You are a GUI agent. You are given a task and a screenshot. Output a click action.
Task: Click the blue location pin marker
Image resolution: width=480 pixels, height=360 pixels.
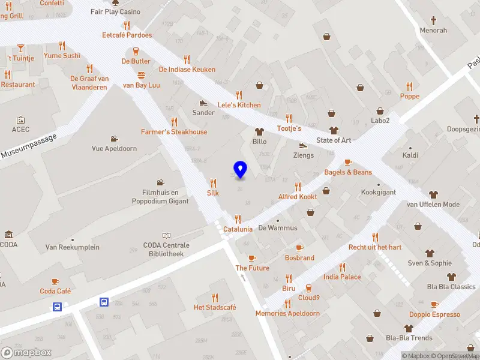(240, 170)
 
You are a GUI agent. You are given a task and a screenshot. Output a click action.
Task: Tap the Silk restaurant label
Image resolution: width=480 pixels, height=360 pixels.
(213, 193)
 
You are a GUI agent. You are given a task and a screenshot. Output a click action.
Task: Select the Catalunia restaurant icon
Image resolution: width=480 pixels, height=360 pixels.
(238, 219)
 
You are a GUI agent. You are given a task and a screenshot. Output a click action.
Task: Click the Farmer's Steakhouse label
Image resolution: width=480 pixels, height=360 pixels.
(174, 132)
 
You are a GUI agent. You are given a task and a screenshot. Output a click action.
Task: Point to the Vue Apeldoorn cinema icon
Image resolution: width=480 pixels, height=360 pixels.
(114, 139)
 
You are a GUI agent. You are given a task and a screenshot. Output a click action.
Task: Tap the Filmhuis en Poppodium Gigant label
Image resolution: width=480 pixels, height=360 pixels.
(160, 197)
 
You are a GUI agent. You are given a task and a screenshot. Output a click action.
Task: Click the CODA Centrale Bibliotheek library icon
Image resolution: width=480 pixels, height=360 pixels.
(166, 236)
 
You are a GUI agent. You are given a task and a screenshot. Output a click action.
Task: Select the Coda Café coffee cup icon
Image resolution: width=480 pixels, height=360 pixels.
(55, 281)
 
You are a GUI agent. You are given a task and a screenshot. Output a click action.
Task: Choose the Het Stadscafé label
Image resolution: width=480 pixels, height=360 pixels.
(215, 307)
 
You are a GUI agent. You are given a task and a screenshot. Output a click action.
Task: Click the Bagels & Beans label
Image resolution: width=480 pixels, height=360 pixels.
(348, 172)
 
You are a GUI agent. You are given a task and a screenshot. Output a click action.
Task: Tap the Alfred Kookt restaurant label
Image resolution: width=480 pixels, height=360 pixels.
(298, 197)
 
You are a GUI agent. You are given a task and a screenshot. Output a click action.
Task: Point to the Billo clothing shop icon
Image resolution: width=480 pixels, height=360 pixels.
(259, 131)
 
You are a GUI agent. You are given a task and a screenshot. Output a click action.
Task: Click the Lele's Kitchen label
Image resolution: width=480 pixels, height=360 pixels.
(239, 105)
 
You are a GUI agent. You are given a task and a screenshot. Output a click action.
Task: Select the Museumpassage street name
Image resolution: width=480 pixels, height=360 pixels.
(28, 146)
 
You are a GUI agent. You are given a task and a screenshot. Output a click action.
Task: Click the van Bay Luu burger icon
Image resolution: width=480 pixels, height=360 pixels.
(141, 76)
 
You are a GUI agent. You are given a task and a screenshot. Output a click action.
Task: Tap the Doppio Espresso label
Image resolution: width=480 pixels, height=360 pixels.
(434, 314)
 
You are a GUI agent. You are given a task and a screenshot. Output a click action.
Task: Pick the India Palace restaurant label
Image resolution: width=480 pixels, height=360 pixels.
(342, 277)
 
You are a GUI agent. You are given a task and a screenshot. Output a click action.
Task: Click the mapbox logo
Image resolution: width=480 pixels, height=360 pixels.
(26, 352)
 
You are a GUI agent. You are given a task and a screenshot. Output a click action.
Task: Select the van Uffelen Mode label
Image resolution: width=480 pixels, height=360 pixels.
(433, 205)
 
